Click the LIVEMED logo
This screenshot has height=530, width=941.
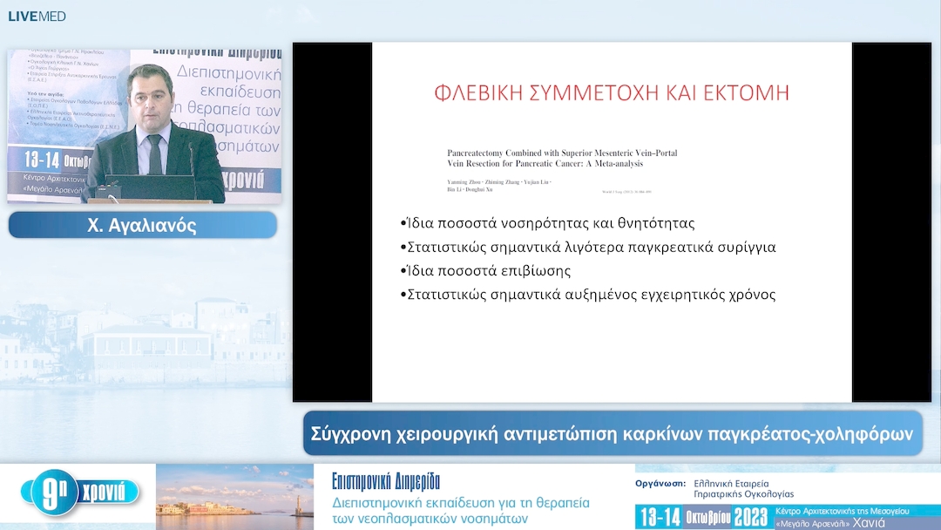pyautogui.click(x=37, y=16)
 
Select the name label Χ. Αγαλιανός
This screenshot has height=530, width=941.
pyautogui.click(x=142, y=226)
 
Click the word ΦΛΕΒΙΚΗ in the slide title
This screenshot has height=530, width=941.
pyautogui.click(x=477, y=92)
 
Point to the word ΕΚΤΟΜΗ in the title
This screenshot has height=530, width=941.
pyautogui.click(x=740, y=92)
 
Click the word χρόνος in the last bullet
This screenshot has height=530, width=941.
pyautogui.click(x=748, y=294)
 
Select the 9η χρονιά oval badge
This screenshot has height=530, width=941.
pyautogui.click(x=80, y=493)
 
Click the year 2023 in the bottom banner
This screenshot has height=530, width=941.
pyautogui.click(x=744, y=516)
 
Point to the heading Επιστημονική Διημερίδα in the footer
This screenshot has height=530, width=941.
pyautogui.click(x=386, y=481)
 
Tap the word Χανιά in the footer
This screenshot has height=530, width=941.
pyautogui.click(x=869, y=523)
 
